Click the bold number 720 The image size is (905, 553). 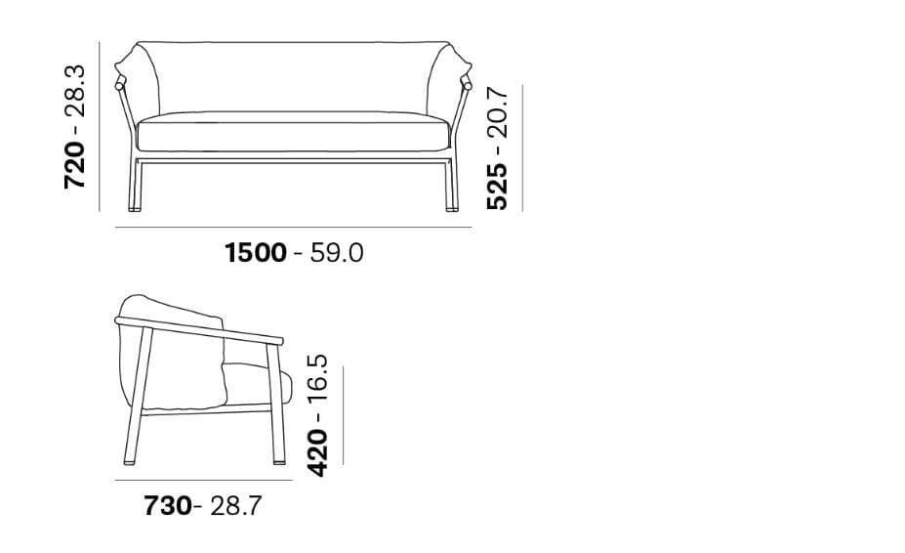[75, 165]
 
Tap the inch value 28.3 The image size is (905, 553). [75, 91]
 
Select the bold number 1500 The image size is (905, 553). [255, 253]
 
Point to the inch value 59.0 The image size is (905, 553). [337, 253]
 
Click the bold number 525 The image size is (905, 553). [497, 186]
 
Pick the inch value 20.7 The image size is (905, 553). [497, 112]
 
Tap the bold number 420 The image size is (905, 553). [317, 452]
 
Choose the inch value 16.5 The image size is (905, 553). [317, 380]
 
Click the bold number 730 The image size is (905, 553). [167, 506]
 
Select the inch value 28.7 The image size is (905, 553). [235, 506]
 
